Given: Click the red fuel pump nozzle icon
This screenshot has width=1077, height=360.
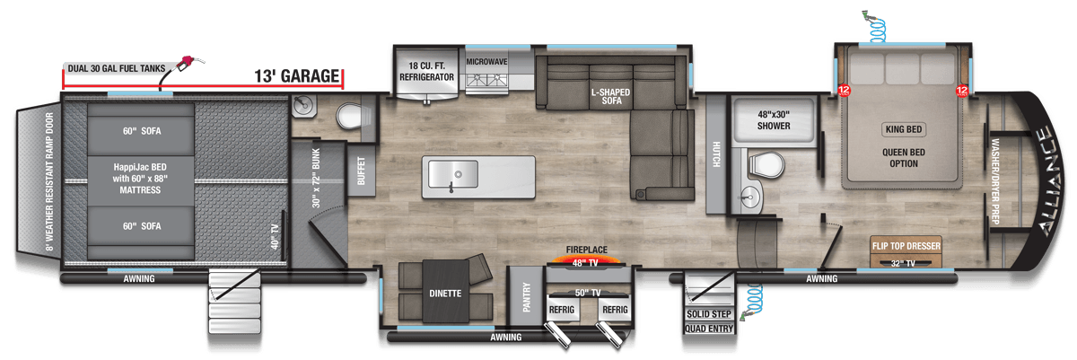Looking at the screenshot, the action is coord(187,63).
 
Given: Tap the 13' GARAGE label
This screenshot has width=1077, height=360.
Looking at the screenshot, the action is coord(297,76).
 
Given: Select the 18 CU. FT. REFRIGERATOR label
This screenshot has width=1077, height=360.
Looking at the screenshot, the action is coord(426,71).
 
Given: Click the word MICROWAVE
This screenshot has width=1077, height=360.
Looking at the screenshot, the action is coord(486,62).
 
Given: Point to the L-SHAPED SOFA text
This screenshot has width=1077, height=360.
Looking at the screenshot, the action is coord(610,96).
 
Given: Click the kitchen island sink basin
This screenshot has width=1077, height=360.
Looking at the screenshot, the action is coord(453,174).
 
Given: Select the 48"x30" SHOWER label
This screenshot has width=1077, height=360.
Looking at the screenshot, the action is coord(774,120).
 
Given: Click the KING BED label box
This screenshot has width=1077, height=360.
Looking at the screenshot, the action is coord(904,129).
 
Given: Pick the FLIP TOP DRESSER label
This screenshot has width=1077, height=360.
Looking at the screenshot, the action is coord(906,246).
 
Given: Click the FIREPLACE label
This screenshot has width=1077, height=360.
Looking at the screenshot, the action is coord(587,250).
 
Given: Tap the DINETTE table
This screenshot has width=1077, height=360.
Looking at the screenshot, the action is coord(446,291).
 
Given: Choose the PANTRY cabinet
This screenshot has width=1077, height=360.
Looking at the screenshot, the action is coord(527,296).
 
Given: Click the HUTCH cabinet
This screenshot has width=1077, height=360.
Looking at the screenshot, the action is coord(716,154).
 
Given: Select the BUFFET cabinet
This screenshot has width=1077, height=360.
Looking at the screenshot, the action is coord(361,171).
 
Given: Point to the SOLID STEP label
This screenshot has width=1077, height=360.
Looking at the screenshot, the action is coord(709,314).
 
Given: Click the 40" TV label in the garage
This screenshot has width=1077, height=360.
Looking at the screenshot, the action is coord(275,237).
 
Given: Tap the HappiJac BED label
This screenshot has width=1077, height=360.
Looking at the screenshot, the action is coord(140,179).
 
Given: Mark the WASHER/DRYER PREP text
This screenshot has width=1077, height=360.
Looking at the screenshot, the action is coord(994,181).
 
